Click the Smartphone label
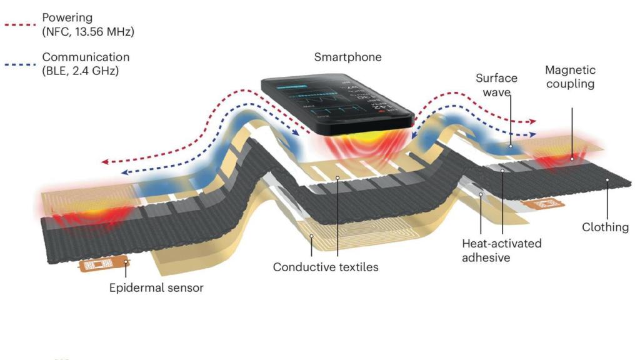coord(347,57)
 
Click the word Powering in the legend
coord(67,17)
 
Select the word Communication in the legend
coord(86,57)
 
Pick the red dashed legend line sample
coord(20,25)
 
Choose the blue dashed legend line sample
coord(20,64)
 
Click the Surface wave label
coord(496,85)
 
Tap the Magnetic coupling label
coord(570,77)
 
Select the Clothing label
coord(605,227)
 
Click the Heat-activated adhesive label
coord(502,250)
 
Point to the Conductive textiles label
coord(326,267)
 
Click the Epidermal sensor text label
coord(156,287)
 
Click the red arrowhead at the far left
coord(105,162)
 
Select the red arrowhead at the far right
coord(532,121)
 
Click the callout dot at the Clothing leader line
coord(607,179)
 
